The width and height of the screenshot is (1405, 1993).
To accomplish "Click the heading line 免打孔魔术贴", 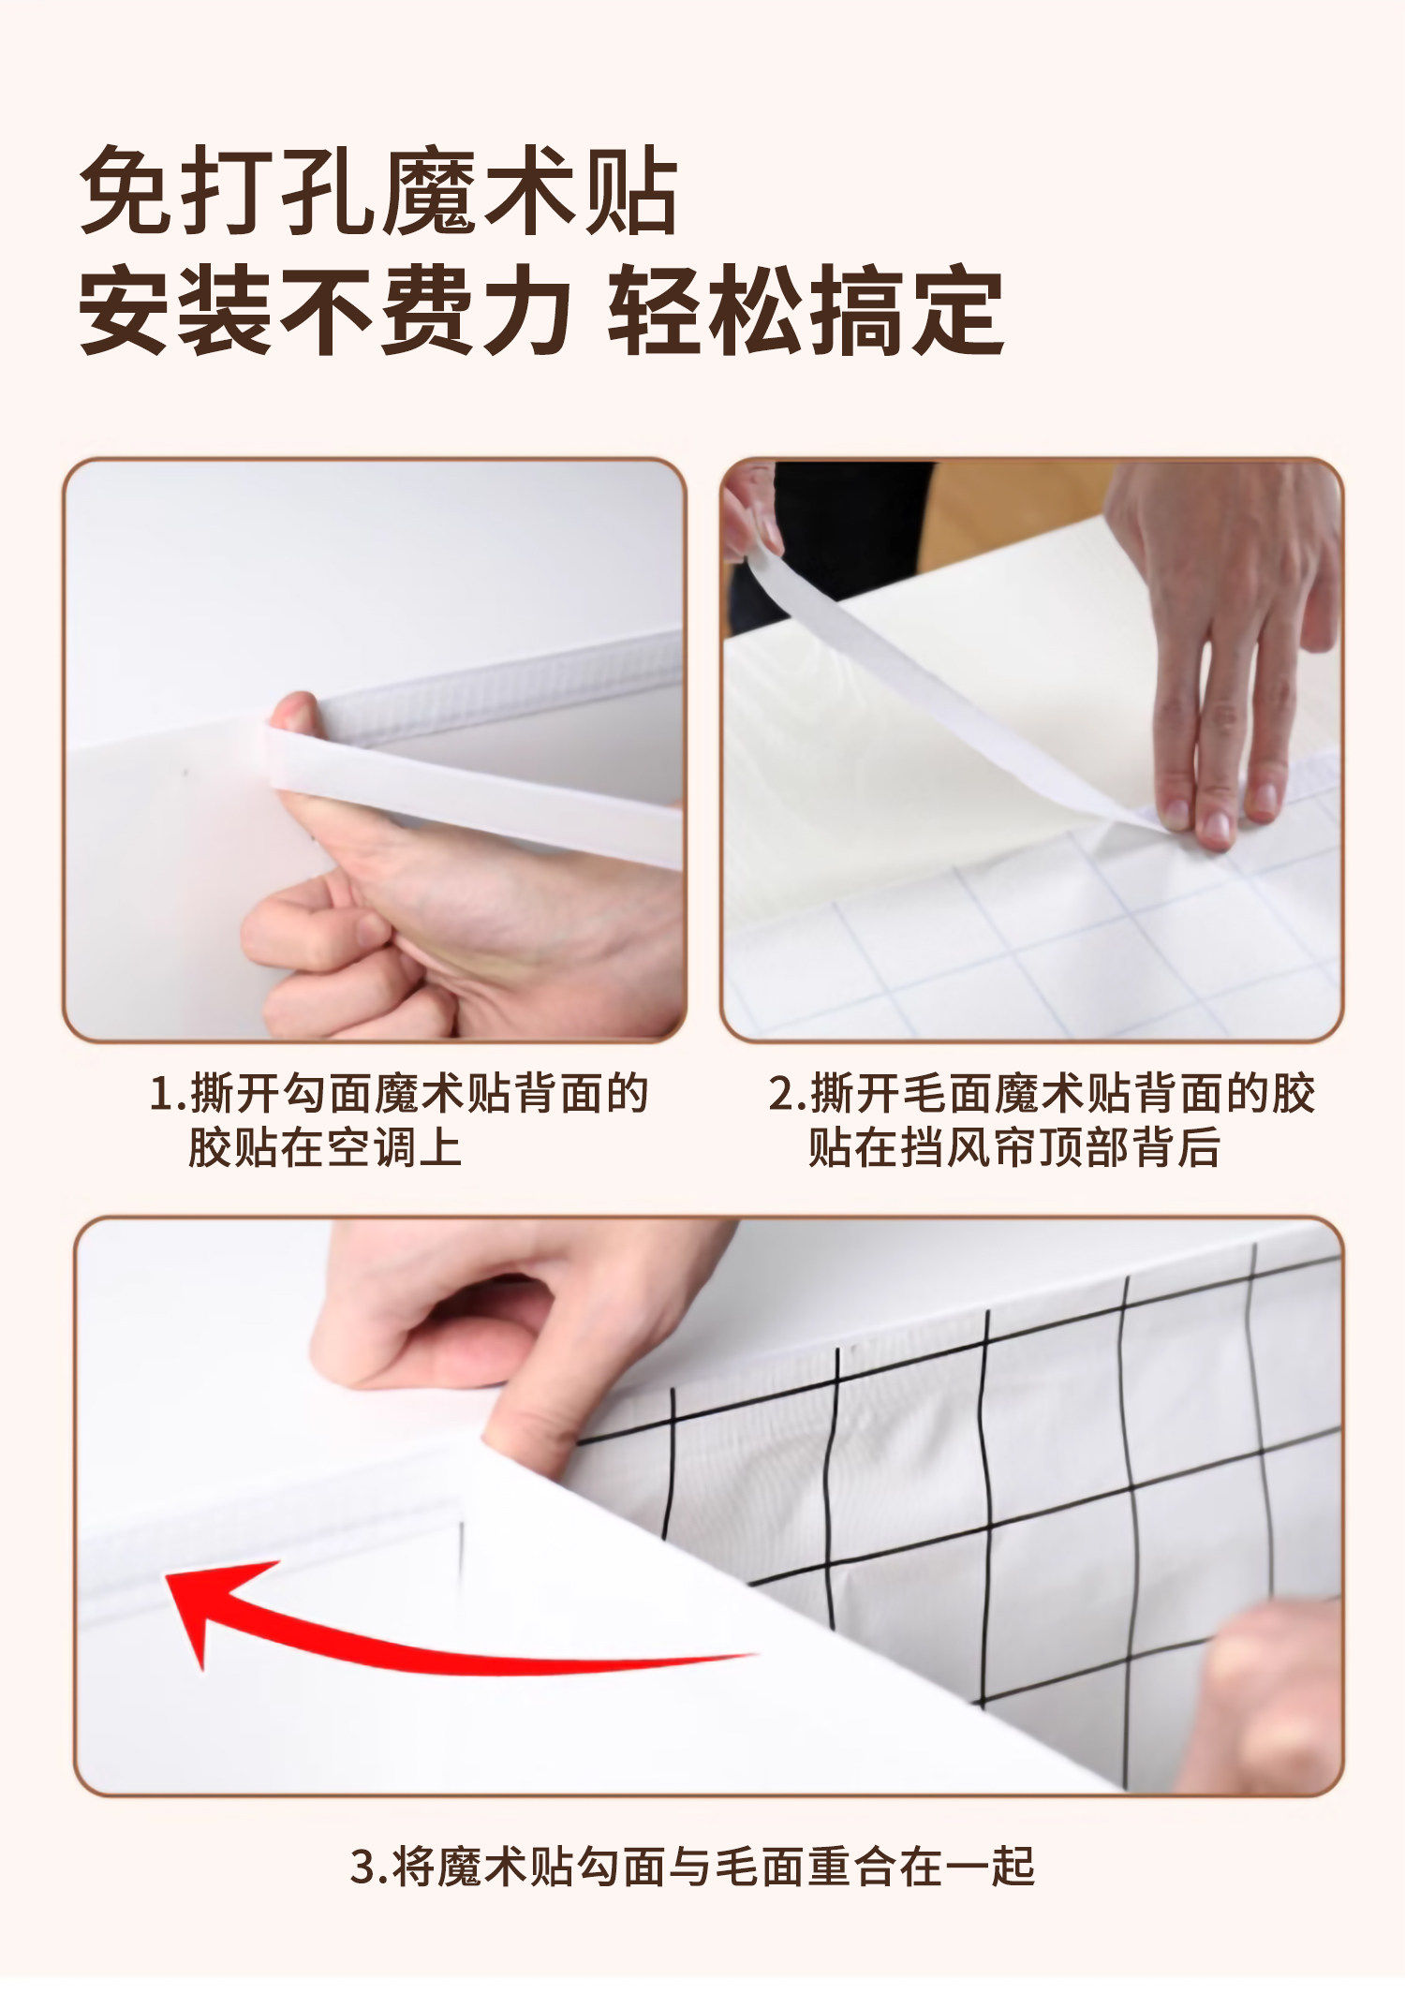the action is pyautogui.click(x=378, y=190).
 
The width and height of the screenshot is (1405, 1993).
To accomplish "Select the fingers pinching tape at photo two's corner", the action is pyautogui.click(x=752, y=512).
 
